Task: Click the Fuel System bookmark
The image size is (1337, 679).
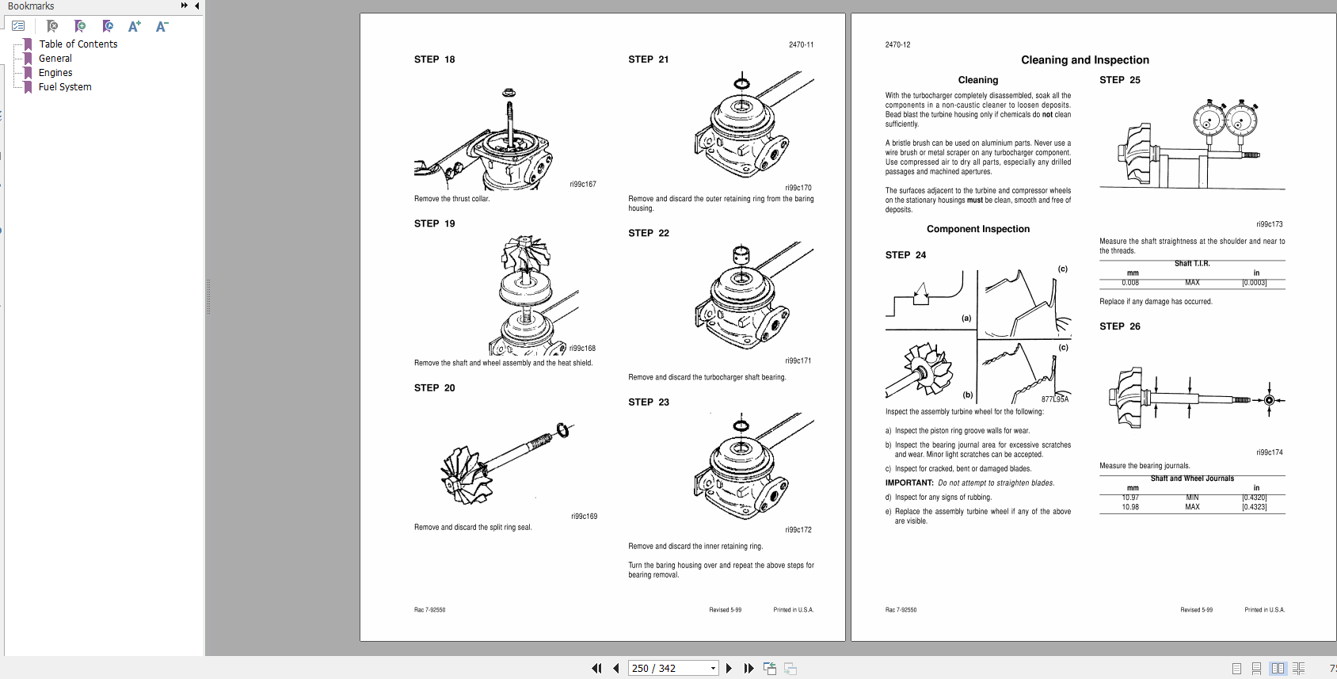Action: (x=65, y=87)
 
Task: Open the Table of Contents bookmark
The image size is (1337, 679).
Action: (x=78, y=44)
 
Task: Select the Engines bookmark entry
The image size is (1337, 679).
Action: (x=55, y=73)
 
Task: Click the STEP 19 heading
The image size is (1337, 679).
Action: (x=434, y=223)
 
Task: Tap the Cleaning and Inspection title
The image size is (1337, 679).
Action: (x=1084, y=60)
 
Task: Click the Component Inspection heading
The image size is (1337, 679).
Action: (x=978, y=229)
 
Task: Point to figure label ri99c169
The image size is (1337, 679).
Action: (x=584, y=517)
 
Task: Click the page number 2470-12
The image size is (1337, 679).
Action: (x=897, y=45)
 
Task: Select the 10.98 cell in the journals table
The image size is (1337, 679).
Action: (x=1130, y=507)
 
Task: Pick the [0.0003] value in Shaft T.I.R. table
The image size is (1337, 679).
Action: (x=1254, y=283)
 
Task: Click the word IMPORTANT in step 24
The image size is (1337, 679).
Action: (x=909, y=483)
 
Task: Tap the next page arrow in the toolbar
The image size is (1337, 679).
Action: (x=729, y=668)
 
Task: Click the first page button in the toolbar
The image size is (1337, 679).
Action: (x=596, y=668)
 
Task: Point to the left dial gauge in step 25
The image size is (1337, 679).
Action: (x=1208, y=120)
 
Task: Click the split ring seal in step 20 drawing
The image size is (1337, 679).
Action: (x=562, y=430)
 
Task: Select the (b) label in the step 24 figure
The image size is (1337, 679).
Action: (x=967, y=395)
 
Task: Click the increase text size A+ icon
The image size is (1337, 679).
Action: (x=134, y=26)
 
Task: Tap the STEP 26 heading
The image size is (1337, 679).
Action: (x=1119, y=326)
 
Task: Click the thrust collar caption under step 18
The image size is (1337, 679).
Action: (x=451, y=199)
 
